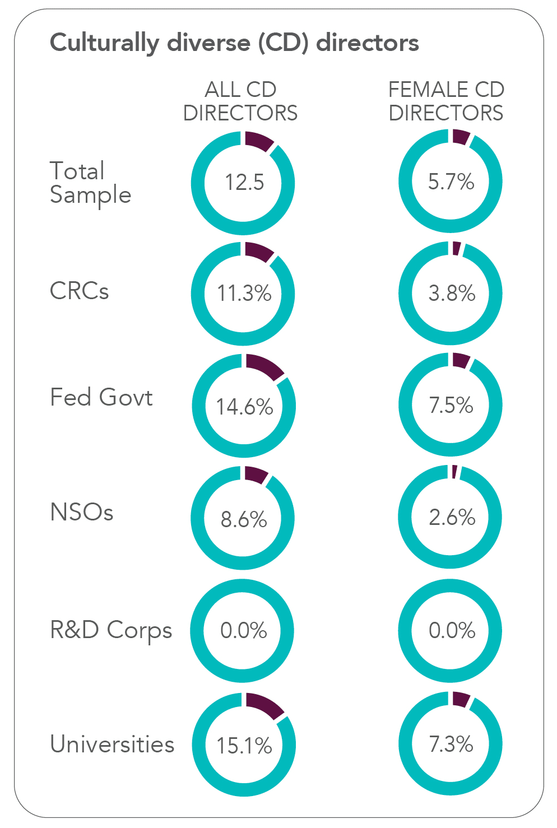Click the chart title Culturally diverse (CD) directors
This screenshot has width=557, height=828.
coord(234,43)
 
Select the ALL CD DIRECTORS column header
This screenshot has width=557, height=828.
coord(240,101)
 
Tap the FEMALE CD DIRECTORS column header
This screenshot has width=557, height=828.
coord(446,101)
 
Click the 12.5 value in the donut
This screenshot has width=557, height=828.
coord(244,183)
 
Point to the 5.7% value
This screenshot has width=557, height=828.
coord(451,182)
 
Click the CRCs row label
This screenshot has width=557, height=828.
coord(79,291)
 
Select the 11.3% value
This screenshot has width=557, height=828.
coord(244,294)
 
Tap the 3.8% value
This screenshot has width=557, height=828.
coord(452,294)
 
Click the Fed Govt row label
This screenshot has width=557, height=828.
coord(101,397)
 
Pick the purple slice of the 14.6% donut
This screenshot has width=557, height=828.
coord(263,366)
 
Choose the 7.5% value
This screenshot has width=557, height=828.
coord(451,405)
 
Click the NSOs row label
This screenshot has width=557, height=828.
coord(82,512)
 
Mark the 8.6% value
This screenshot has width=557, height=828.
coord(244,519)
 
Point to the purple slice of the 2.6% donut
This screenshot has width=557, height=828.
coord(454,472)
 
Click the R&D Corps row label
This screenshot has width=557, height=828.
coord(111,630)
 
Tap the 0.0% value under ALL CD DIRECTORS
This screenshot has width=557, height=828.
coord(244,631)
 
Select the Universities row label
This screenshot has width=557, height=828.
coord(112,744)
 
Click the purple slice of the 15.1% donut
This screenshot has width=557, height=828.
coord(264,705)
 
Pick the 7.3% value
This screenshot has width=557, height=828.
coord(451,744)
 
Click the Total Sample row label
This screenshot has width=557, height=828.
coord(90,183)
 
